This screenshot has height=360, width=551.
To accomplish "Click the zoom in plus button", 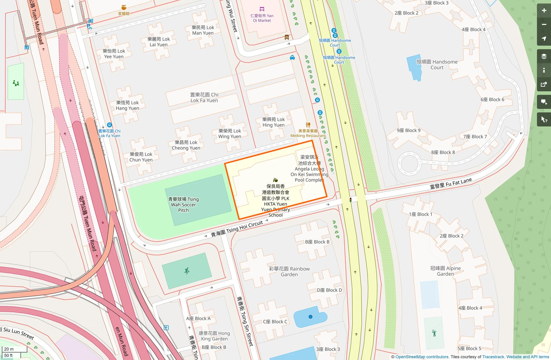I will pos(544,11).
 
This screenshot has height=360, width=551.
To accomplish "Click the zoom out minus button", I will pos(544,25).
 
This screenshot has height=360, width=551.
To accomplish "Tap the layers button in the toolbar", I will pos(544,56).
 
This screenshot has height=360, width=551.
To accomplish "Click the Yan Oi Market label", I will pos(262,18).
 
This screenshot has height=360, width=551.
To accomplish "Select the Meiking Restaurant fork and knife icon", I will pos(308,125).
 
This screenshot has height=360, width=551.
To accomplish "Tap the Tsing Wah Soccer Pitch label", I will pos(183,205).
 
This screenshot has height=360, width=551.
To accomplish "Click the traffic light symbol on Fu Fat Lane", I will pos(350,200).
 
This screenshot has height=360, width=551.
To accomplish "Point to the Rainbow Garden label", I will pos(289,271).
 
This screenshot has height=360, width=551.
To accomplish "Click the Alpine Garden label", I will pos(445,271).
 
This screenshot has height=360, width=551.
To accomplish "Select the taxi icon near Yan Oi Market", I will pos(292,58).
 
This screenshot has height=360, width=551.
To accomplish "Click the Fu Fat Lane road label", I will pos(451,184).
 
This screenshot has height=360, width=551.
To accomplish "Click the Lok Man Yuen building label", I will pos(203,30).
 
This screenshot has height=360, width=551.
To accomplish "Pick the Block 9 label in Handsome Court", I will pos(409,130).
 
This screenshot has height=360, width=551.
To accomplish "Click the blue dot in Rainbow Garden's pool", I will pos(310,317).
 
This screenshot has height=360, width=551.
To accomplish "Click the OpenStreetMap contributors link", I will pos(422,357).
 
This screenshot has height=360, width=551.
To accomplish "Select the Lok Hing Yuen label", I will pos(273,122).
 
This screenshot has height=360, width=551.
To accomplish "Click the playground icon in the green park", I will pos(16,83).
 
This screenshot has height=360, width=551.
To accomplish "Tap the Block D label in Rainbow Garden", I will pos(329,290).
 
